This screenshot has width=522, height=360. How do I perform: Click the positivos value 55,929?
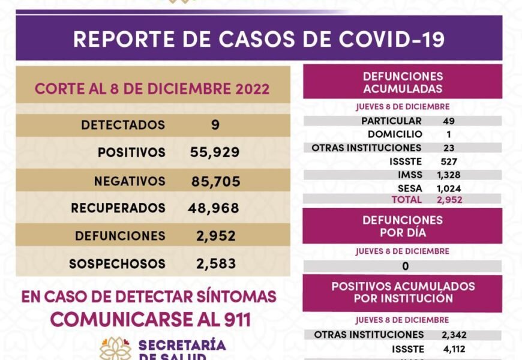click(215, 152)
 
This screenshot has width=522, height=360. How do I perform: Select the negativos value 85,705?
click(215, 181)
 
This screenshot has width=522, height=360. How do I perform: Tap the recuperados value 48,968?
click(214, 208)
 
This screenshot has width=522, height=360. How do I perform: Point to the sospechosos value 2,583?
click(216, 263)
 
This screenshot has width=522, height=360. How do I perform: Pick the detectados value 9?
click(215, 125)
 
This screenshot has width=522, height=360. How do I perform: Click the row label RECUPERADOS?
click(118, 208)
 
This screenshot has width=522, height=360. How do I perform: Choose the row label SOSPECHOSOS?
click(117, 263)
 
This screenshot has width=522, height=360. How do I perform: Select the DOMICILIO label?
click(395, 134)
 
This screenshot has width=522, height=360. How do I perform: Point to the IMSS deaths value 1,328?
click(449, 175)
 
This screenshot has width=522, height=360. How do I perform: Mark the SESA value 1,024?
click(449, 188)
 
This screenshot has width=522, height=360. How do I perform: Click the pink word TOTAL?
click(407, 199)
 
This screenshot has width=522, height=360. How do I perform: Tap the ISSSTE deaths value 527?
click(448, 161)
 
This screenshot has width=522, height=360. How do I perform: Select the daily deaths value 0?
click(406, 266)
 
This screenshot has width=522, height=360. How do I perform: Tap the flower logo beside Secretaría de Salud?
click(115, 348)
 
